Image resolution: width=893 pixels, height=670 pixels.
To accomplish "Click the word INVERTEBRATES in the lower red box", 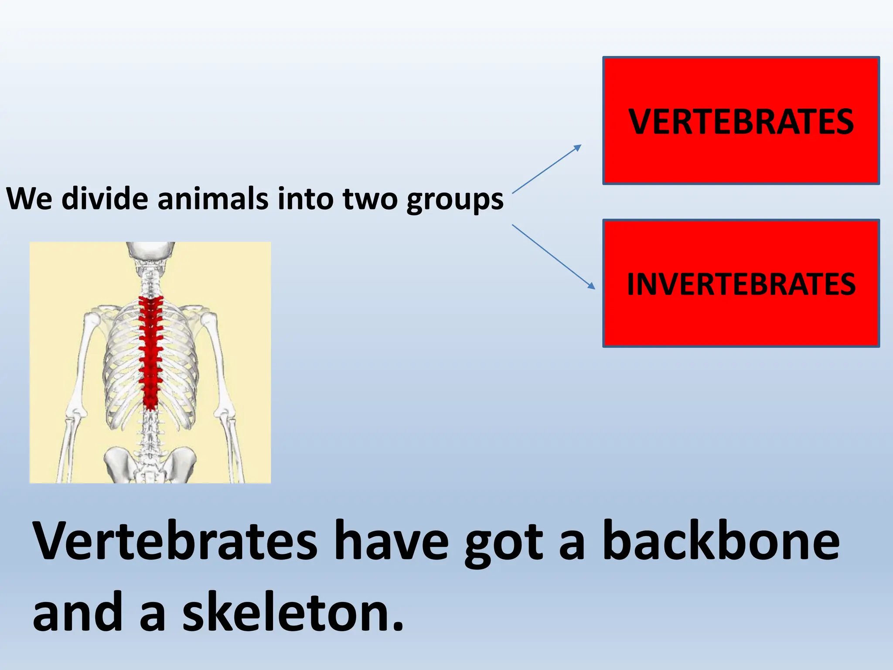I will [741, 284].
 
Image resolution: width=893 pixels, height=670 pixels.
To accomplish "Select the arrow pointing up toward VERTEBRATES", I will [546, 169].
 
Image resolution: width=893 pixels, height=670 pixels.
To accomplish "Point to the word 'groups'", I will [455, 200].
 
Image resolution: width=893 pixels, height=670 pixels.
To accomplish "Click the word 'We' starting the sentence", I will [29, 199].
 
